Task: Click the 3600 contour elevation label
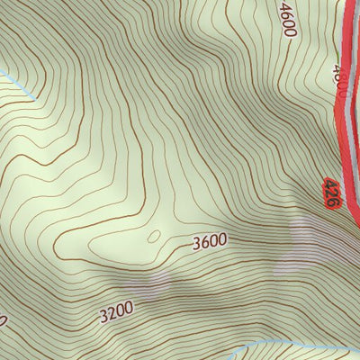tap(210, 241)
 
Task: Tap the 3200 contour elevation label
tap(116, 311)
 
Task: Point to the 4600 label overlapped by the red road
tap(339, 79)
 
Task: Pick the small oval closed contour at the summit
tap(153, 237)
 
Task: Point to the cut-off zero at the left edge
tap(3, 319)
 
